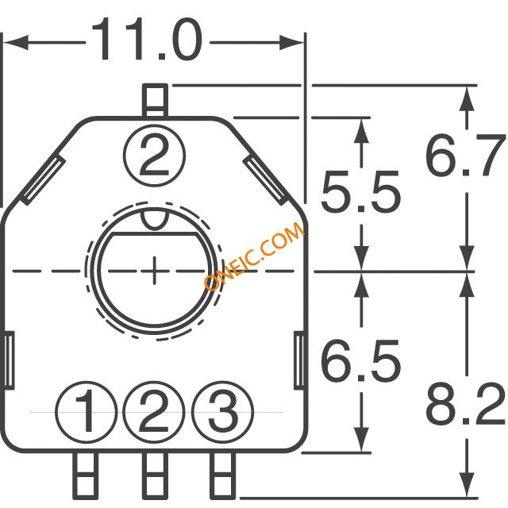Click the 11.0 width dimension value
pyautogui.click(x=147, y=39)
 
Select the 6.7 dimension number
pyautogui.click(x=464, y=156)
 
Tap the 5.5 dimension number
pyautogui.click(x=361, y=190)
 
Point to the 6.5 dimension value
pyautogui.click(x=361, y=360)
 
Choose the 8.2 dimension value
pyautogui.click(x=465, y=404)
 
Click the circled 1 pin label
pyautogui.click(x=87, y=412)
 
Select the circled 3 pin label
pyautogui.click(x=222, y=412)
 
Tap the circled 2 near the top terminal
pyautogui.click(x=154, y=156)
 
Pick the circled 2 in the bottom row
pyautogui.click(x=154, y=412)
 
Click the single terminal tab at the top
pyautogui.click(x=156, y=101)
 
